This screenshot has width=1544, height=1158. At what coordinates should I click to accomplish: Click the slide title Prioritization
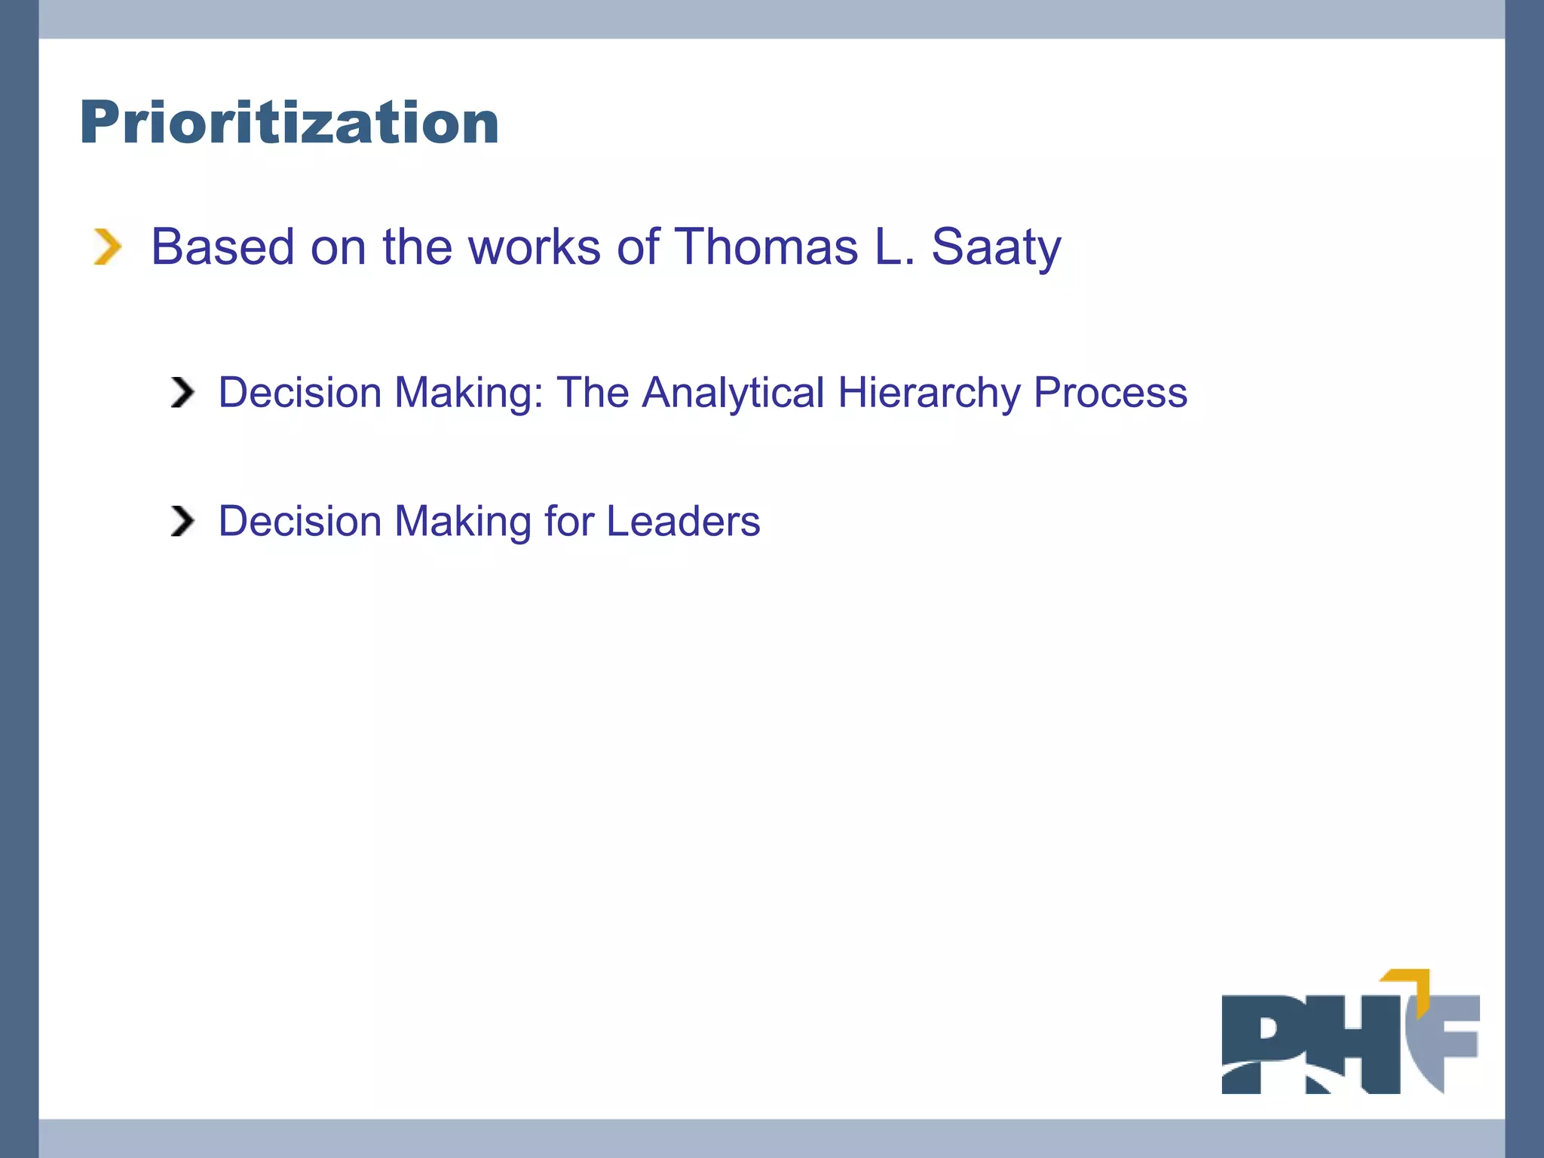pyautogui.click(x=289, y=122)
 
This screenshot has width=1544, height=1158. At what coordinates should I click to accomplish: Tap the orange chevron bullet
pyautogui.click(x=107, y=247)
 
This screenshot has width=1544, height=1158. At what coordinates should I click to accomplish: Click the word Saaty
pyautogui.click(x=996, y=247)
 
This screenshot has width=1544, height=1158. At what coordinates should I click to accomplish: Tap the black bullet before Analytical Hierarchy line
pyautogui.click(x=182, y=392)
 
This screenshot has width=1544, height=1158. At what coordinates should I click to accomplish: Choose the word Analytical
pyautogui.click(x=733, y=393)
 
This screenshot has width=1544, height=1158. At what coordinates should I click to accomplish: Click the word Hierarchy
pyautogui.click(x=929, y=393)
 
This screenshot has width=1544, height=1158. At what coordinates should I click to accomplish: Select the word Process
pyautogui.click(x=1111, y=392)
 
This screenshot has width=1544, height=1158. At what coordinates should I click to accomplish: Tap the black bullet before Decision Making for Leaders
pyautogui.click(x=182, y=521)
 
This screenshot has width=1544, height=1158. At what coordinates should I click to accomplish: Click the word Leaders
pyautogui.click(x=683, y=521)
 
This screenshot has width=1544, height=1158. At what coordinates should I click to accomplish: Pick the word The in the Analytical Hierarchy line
pyautogui.click(x=593, y=392)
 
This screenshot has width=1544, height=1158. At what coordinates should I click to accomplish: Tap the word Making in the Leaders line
pyautogui.click(x=463, y=521)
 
